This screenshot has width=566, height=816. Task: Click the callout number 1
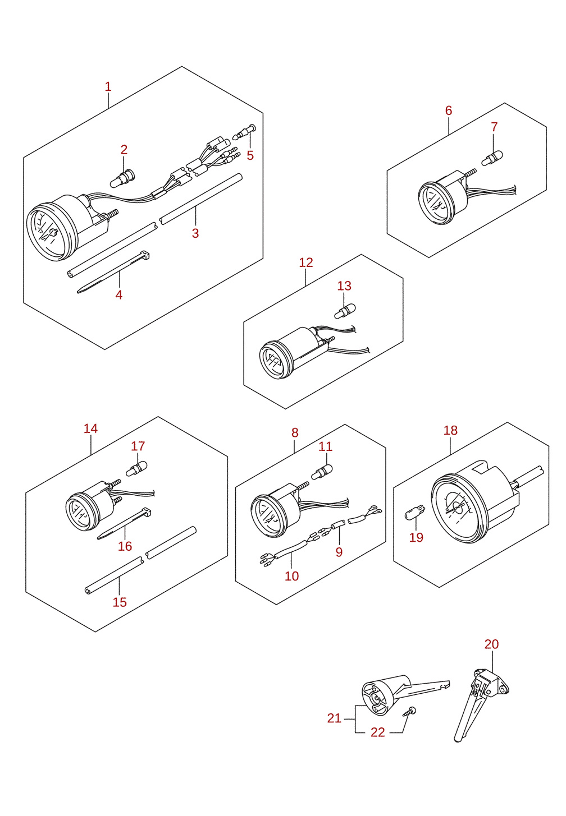click(108, 87)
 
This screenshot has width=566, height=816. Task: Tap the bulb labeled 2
click(122, 178)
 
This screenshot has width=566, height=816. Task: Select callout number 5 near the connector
click(250, 155)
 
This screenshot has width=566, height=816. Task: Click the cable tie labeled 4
click(113, 271)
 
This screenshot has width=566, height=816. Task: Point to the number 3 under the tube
click(195, 233)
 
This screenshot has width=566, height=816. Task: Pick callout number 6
click(449, 110)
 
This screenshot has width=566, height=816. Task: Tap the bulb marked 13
click(345, 311)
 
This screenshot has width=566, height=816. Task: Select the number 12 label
click(306, 262)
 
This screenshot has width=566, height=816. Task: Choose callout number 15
click(120, 602)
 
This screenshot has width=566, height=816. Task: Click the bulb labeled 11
click(322, 472)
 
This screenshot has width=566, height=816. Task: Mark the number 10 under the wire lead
click(292, 576)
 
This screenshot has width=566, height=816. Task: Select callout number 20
click(492, 644)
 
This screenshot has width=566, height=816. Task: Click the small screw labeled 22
click(409, 712)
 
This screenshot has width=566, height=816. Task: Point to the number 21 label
click(334, 718)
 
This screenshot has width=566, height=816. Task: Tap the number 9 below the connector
click(339, 552)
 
